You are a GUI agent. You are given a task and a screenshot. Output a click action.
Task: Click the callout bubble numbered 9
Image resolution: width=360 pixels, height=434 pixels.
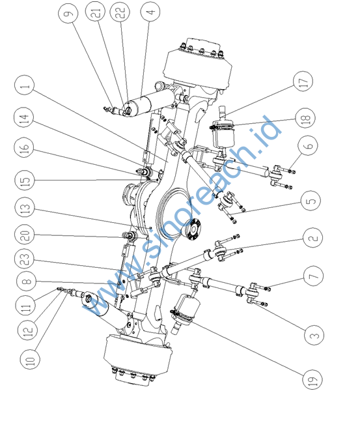click(68, 13)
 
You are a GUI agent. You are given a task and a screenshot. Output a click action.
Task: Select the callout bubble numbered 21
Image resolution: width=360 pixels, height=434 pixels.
click(96, 11)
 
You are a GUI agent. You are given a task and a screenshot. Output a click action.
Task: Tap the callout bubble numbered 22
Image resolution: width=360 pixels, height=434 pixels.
click(120, 12)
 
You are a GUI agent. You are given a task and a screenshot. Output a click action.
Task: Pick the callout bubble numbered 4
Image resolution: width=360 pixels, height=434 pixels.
click(150, 11)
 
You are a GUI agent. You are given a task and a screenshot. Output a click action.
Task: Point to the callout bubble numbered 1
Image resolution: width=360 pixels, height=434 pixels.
click(24, 85)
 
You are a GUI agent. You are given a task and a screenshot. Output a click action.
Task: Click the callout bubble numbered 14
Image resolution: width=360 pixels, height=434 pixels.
click(24, 117)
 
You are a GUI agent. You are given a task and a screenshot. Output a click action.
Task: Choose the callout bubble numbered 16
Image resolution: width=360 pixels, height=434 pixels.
click(24, 147)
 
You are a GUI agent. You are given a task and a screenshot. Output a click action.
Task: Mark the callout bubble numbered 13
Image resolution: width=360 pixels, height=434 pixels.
click(24, 207)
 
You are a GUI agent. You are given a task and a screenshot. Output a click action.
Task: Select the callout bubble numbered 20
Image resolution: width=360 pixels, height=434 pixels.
click(24, 234)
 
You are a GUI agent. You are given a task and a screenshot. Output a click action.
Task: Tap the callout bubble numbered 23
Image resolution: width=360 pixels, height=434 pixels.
click(24, 259)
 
